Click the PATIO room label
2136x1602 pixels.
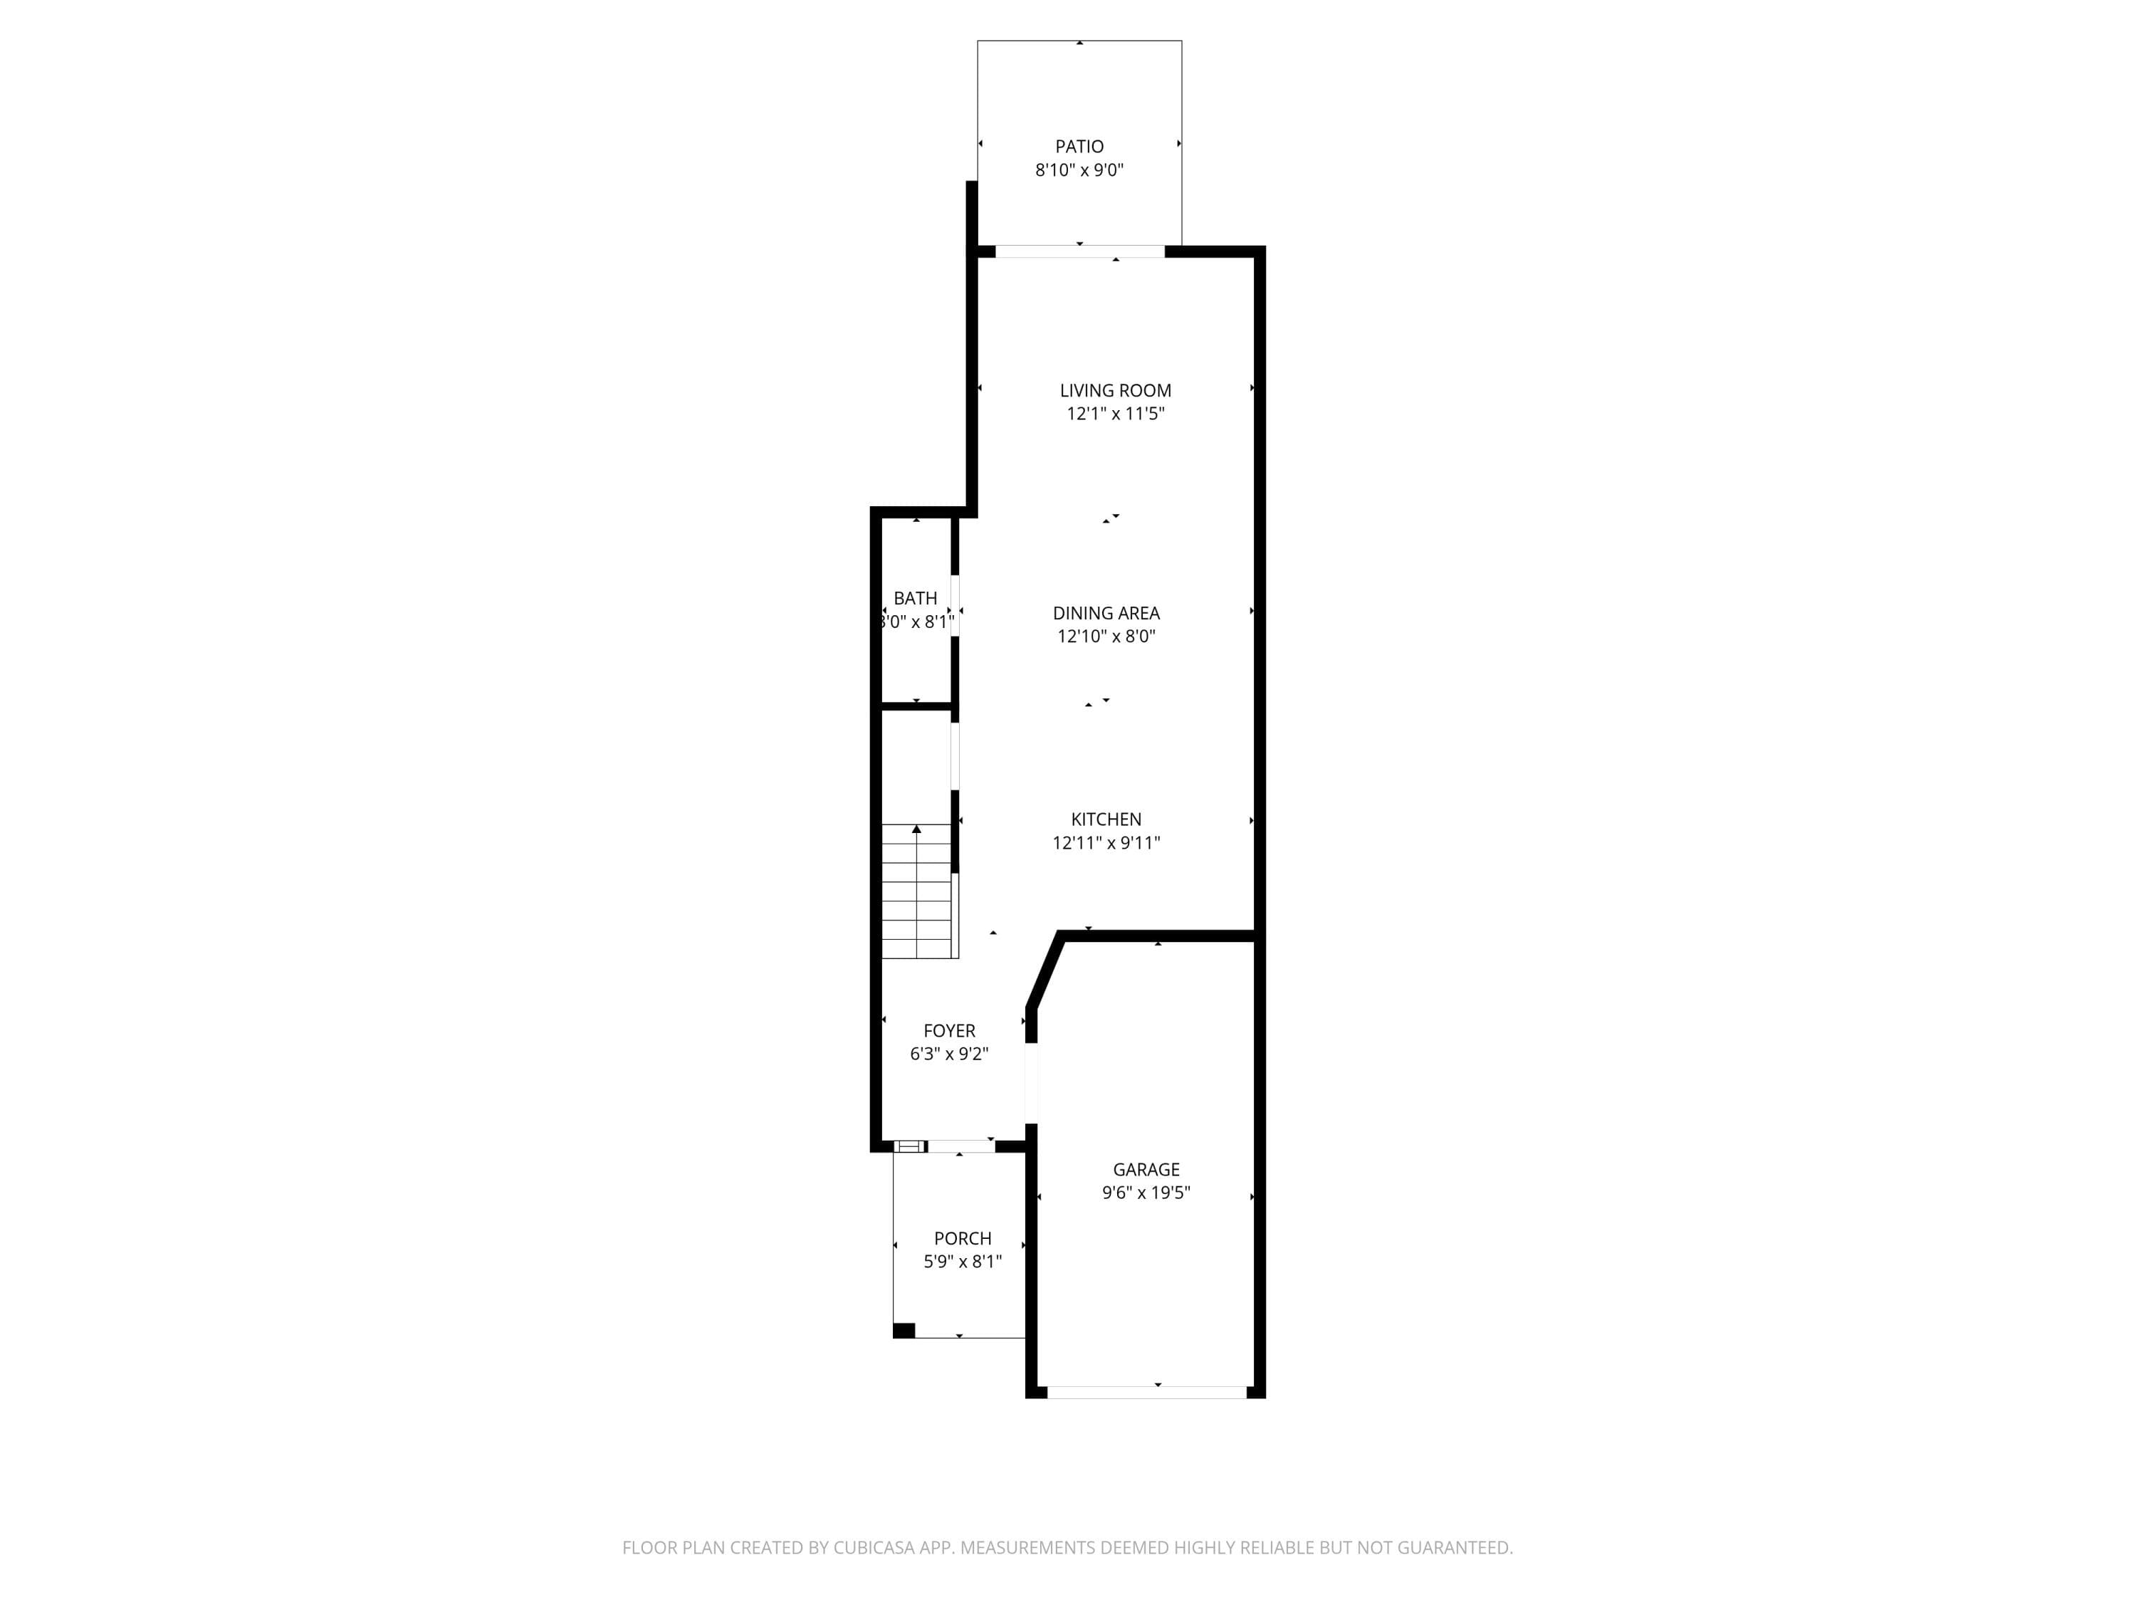tap(1079, 147)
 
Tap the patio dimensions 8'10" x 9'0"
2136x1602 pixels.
tap(1079, 170)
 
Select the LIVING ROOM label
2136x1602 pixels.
tap(1115, 390)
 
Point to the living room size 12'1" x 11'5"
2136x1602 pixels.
tap(1115, 413)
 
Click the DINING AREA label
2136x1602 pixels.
tap(1106, 613)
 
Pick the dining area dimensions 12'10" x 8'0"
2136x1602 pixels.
tap(1106, 637)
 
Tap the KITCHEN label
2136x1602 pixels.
tap(1106, 819)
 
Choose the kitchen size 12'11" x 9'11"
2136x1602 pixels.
tap(1106, 842)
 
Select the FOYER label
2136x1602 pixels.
tap(949, 1030)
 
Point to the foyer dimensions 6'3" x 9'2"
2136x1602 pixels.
tap(949, 1054)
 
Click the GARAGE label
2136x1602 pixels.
tap(1146, 1169)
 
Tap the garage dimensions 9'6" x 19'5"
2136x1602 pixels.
tap(1146, 1193)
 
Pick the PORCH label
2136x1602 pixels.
tap(963, 1238)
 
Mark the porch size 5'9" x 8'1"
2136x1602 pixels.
tap(963, 1261)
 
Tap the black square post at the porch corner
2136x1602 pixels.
tap(904, 1331)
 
